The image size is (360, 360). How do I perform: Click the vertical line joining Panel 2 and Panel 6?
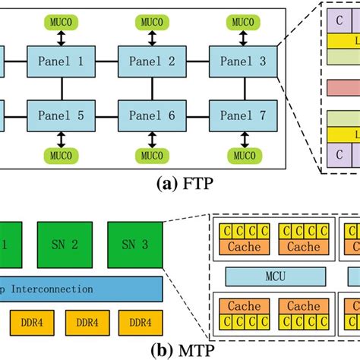[148, 87]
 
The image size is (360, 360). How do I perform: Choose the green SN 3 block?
[135, 244]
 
